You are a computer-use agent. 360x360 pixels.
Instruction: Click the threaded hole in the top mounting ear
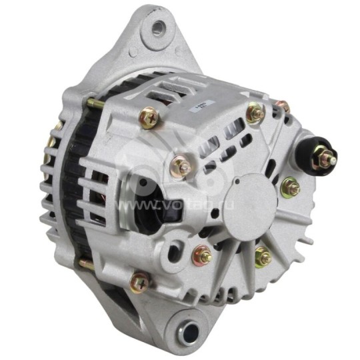pyautogui.click(x=159, y=28)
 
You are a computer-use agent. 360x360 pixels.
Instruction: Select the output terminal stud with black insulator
pyautogui.click(x=325, y=159)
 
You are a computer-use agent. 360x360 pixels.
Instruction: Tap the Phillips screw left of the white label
pyautogui.click(x=149, y=118)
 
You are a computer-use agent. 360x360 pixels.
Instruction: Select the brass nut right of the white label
pyautogui.click(x=255, y=113)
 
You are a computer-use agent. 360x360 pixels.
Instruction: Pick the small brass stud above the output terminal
pyautogui.click(x=283, y=106)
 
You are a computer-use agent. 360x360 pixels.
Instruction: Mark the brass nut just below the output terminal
pyautogui.click(x=290, y=188)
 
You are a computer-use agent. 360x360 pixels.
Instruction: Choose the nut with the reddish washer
pyautogui.click(x=202, y=255)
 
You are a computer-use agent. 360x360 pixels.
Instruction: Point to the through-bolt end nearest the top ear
pyautogui.click(x=93, y=103)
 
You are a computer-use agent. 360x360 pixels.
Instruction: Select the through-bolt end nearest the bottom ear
pyautogui.click(x=85, y=264)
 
